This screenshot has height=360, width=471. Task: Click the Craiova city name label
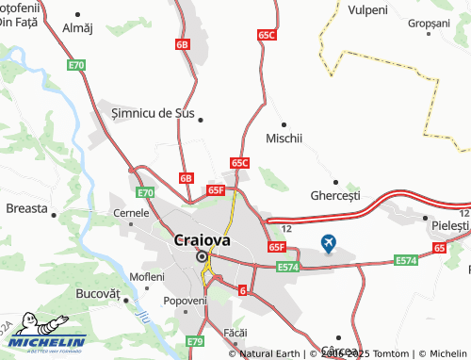click(x=202, y=239)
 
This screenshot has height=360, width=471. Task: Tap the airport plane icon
click(x=328, y=244)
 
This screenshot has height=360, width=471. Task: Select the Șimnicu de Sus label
click(x=153, y=113)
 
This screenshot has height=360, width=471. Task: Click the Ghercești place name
click(x=335, y=196)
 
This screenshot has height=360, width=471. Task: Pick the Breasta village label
click(x=25, y=208)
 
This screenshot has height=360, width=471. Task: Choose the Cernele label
click(x=131, y=213)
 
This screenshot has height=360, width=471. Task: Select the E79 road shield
click(x=195, y=341)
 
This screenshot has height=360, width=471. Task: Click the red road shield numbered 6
click(x=243, y=291)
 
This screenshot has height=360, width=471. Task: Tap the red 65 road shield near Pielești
click(x=439, y=247)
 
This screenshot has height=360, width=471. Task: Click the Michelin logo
click(x=43, y=341)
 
